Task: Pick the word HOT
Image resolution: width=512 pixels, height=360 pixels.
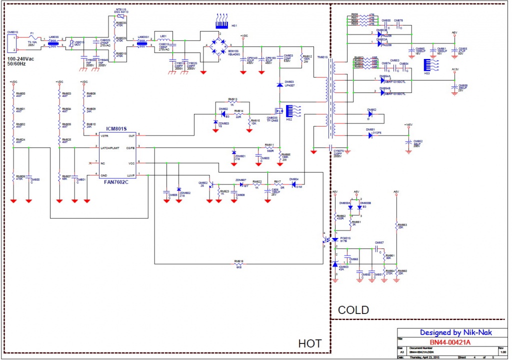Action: [x=309, y=343]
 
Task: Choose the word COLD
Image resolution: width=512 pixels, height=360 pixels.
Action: [x=353, y=310]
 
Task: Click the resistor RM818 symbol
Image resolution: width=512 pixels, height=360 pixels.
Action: [x=239, y=263]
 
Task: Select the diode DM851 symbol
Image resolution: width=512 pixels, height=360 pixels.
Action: [x=371, y=135]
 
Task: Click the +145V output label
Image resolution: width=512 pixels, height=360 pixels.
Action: [x=408, y=124]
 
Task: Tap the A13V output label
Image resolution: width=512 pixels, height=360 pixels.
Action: [x=454, y=69]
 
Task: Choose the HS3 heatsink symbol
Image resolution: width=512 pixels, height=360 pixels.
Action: [x=426, y=65]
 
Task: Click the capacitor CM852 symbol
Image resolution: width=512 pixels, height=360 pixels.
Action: [x=409, y=143]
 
